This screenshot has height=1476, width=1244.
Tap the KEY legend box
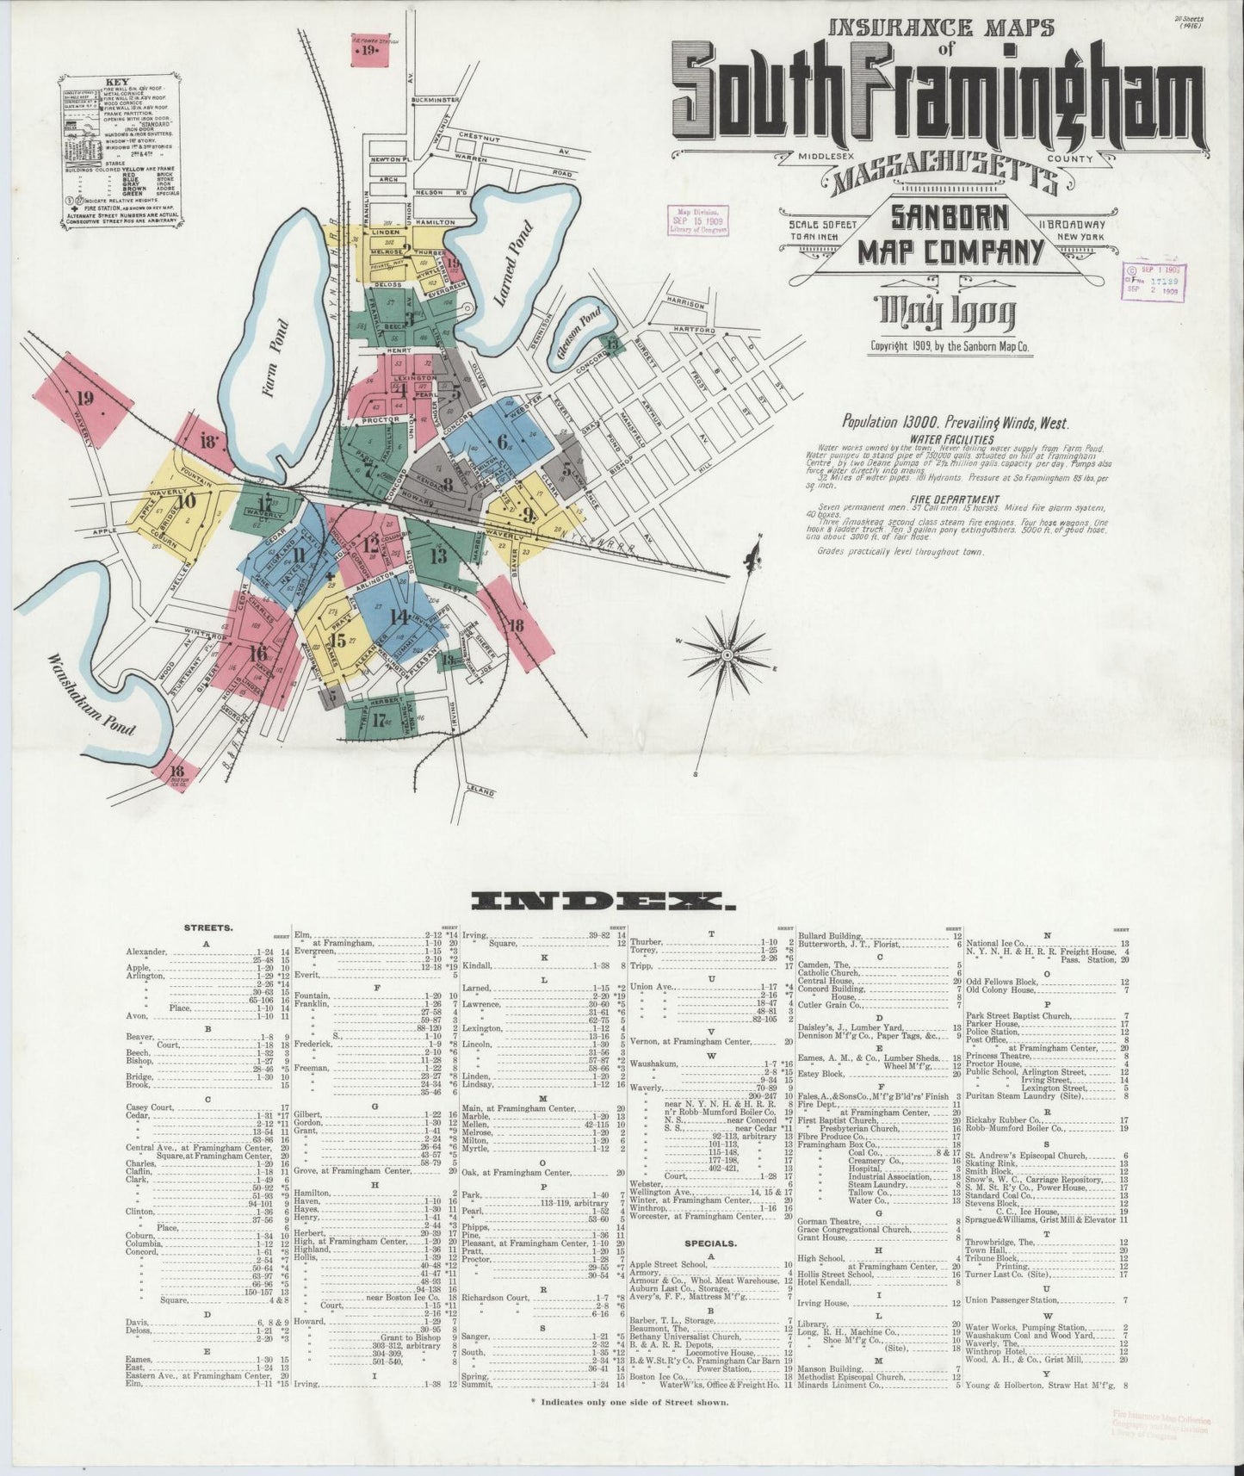(122, 151)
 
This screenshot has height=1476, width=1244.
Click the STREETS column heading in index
(207, 928)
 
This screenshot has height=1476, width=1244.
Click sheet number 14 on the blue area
(399, 617)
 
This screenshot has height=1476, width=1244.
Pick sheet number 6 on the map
(502, 443)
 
